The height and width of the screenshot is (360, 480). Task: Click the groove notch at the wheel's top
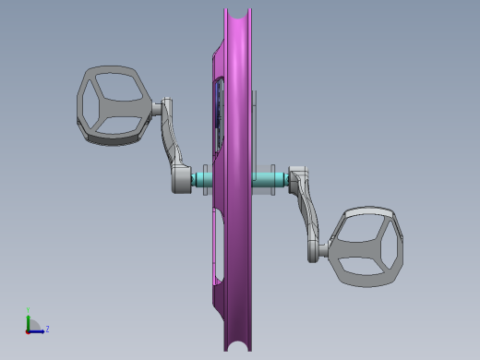tap(237, 14)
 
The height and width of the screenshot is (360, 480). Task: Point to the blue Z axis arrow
tap(38, 330)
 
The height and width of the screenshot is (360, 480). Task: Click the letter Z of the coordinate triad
tap(47, 329)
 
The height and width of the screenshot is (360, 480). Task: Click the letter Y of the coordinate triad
tap(29, 310)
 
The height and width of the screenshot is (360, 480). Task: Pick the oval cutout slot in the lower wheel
tap(217, 245)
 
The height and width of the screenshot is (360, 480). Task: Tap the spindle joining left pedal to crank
tap(161, 109)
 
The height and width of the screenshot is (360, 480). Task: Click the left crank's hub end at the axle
tap(180, 180)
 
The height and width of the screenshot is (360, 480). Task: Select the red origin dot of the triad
tap(29, 330)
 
